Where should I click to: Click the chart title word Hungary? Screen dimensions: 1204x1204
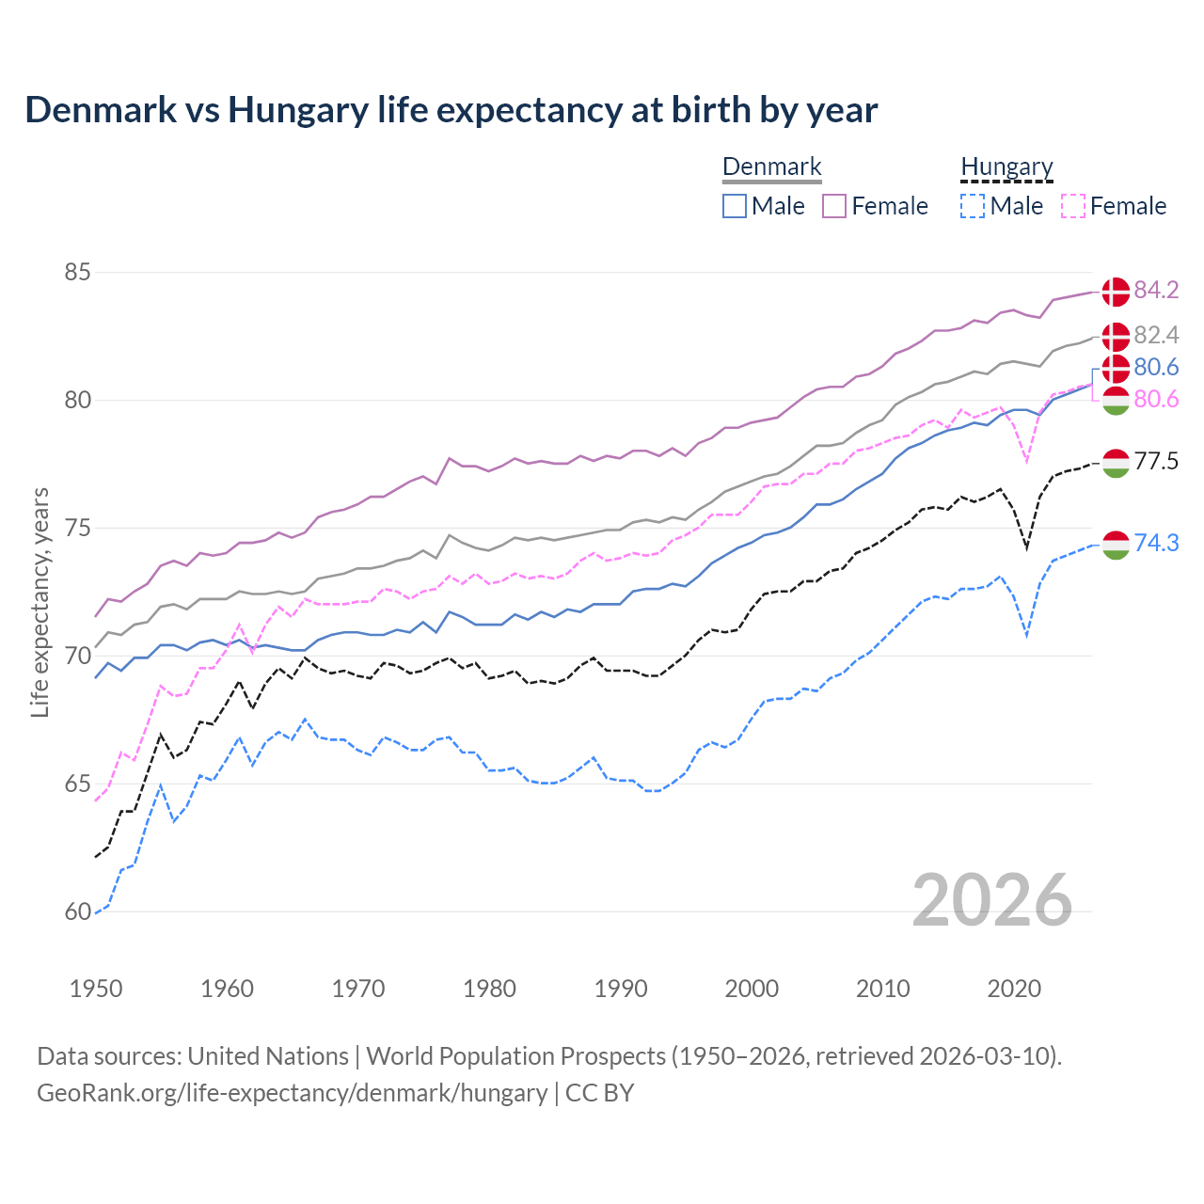[x=298, y=110]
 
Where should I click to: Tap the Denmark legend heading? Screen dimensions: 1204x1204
[x=771, y=166]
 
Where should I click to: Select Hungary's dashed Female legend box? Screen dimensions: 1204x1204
[x=1073, y=206]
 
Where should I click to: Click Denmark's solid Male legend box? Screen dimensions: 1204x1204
[x=735, y=206]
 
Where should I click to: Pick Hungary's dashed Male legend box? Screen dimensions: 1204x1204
[x=973, y=206]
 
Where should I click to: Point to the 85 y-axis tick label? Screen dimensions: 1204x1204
[x=77, y=273]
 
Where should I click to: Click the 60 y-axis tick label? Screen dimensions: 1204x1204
[x=77, y=911]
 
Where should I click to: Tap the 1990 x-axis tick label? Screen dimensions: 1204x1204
[x=621, y=989]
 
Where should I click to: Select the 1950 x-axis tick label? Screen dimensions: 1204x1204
[x=96, y=989]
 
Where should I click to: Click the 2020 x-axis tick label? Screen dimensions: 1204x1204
[x=1014, y=989]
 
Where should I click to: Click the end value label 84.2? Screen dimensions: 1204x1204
[x=1156, y=290]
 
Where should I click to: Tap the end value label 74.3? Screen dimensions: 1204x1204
[x=1156, y=543]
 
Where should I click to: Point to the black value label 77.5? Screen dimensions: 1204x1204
[x=1156, y=461]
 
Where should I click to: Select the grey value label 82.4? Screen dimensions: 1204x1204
[x=1156, y=335]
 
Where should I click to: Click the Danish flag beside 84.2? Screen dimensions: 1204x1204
[x=1116, y=292]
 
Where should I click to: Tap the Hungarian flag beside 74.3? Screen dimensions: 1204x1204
[x=1116, y=545]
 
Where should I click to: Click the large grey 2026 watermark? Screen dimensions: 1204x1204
[x=991, y=900]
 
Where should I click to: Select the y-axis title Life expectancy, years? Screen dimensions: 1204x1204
[x=40, y=602]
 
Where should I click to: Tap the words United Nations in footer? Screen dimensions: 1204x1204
[x=267, y=1056]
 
